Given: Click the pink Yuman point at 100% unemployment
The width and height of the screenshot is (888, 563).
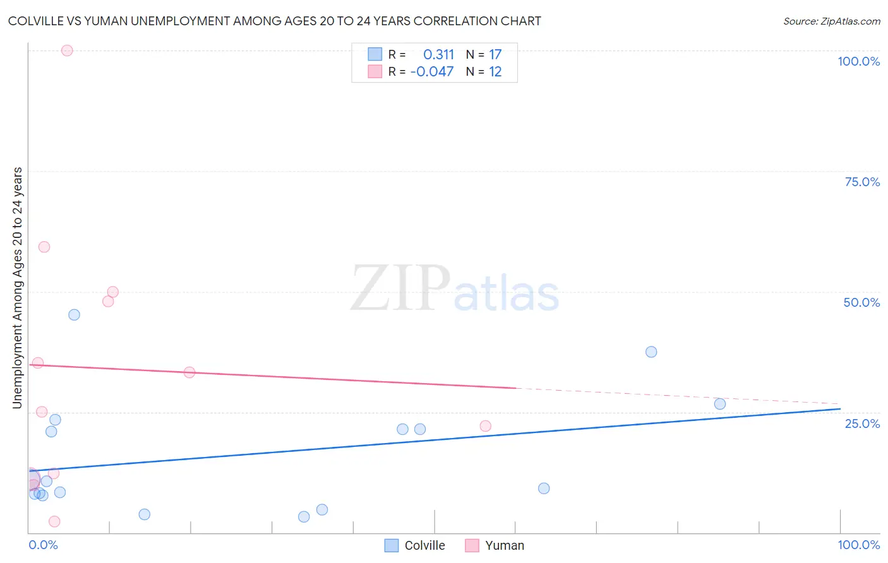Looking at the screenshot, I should click(x=67, y=50).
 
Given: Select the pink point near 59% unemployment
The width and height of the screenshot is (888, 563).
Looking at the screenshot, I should click(x=44, y=247).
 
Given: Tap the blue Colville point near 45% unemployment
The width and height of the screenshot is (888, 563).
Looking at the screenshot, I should click(x=74, y=315).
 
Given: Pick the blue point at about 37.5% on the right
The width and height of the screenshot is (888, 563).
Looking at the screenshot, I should click(x=651, y=352).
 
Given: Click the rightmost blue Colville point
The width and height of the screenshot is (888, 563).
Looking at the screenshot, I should click(x=720, y=404).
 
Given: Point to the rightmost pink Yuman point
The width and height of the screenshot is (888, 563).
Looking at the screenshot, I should click(x=486, y=426).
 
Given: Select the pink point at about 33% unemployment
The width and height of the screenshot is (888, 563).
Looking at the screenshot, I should click(x=189, y=372).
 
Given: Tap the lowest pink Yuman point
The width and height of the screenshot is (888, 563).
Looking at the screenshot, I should click(x=54, y=521).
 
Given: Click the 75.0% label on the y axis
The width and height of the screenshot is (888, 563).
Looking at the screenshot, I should click(x=862, y=182).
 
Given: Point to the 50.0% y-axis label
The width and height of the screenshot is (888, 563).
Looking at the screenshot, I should click(x=861, y=302).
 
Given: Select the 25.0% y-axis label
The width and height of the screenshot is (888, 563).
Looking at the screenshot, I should click(x=862, y=424).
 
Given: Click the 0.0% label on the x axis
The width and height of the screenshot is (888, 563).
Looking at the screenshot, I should click(x=44, y=545).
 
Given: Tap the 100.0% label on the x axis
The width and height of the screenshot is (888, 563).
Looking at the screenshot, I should click(x=859, y=545).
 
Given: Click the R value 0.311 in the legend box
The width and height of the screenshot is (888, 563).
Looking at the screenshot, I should click(x=438, y=55).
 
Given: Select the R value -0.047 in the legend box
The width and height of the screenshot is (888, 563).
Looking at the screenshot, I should click(x=432, y=72).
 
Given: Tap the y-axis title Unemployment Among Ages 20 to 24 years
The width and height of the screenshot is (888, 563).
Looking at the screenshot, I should click(x=18, y=288).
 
